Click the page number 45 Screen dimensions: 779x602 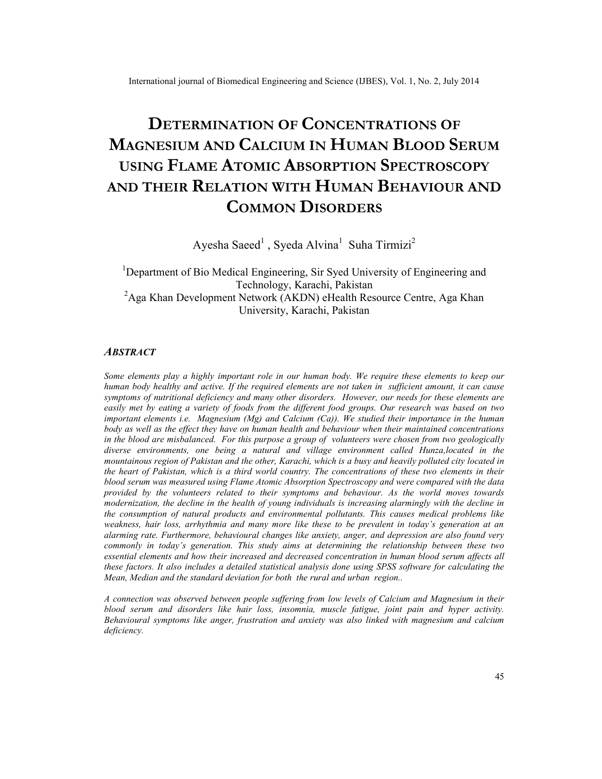pos(499,677)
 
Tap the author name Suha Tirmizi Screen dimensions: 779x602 pos(380,245)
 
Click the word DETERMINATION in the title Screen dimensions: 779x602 pos(211,125)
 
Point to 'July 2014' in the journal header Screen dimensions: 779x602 pos(462,81)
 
